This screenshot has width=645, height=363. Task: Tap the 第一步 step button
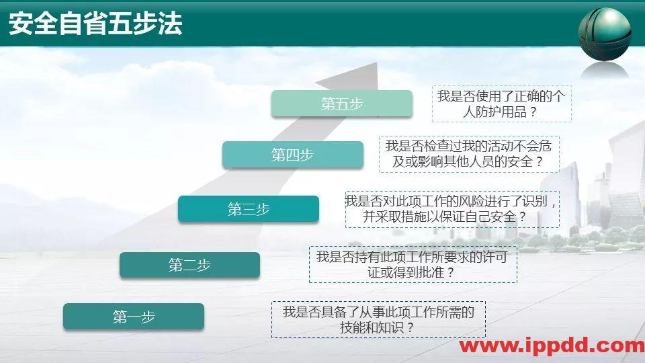coord(134,317)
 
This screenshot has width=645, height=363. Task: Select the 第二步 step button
coord(189,266)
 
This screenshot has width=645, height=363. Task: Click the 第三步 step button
coord(249,209)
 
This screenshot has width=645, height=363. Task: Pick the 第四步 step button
coord(292,155)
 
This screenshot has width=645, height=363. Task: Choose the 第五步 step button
coord(342,104)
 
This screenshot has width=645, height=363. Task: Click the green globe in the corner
coord(605,34)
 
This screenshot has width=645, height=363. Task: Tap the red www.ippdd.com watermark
coord(551,346)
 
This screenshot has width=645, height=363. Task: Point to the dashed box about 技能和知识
coord(378,320)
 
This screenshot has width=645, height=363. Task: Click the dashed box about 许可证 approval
coord(413,264)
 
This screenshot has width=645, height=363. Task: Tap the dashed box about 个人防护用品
coord(501,104)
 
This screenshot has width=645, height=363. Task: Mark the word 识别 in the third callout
coord(542,201)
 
